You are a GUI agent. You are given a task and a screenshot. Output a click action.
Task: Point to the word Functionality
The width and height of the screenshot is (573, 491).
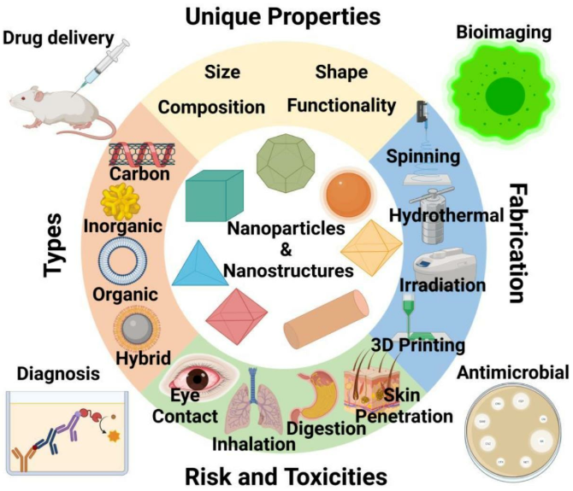(341, 106)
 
